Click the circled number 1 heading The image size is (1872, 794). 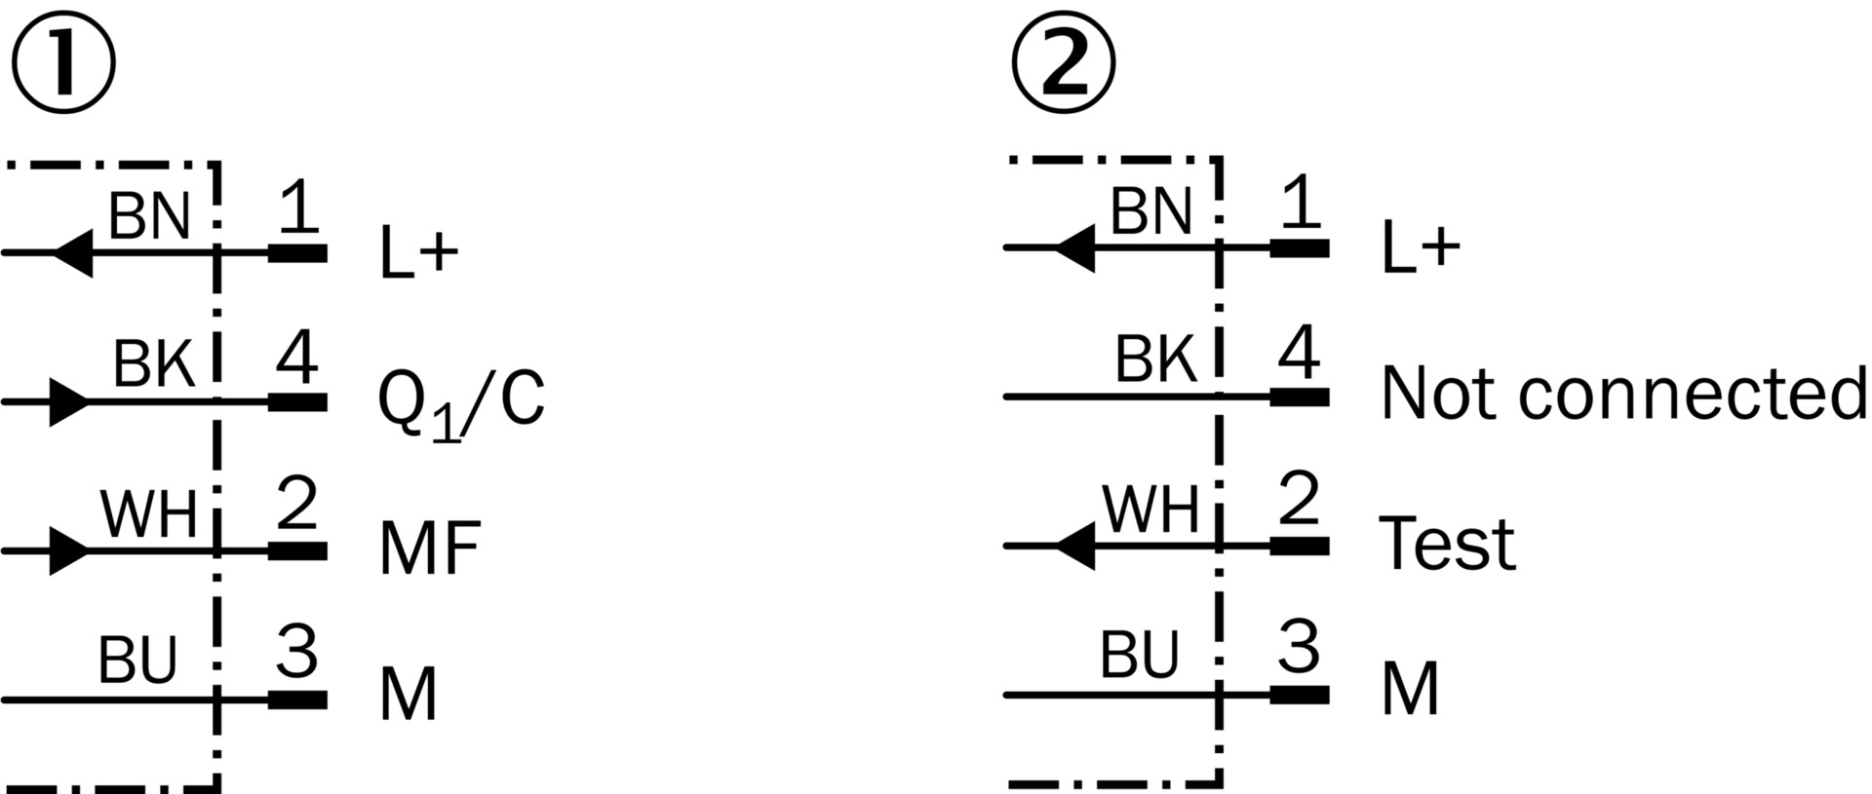click(63, 63)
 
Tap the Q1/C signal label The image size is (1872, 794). click(460, 401)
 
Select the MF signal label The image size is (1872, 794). click(429, 548)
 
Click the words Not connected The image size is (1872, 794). click(1623, 394)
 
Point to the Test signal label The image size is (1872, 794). click(1447, 543)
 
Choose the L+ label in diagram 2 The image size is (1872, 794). click(1421, 247)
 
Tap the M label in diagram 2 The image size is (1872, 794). click(1410, 690)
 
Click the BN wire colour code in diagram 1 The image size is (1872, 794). click(148, 216)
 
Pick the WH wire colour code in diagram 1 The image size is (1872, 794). click(148, 513)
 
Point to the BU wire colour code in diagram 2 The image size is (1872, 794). click(1139, 655)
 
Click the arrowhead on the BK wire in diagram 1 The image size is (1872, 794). click(68, 401)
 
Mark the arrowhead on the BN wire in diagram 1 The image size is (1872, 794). click(73, 253)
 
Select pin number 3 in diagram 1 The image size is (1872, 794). click(296, 651)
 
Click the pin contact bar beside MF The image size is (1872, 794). click(297, 550)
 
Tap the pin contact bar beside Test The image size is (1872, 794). click(1300, 546)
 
